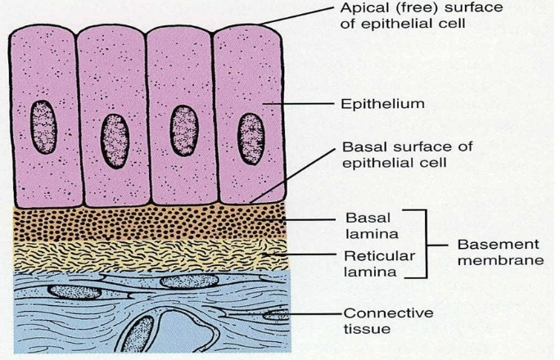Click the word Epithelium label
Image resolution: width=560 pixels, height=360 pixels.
coord(382,104)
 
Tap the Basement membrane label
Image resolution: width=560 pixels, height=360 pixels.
coord(500,252)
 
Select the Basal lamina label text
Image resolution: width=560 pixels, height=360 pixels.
coord(372,226)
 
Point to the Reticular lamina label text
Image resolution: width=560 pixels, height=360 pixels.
coord(379,263)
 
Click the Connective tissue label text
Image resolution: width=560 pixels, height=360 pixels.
coord(388,321)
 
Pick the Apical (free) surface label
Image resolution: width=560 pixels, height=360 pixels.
coord(422,16)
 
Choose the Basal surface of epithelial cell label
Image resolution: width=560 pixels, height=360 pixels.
coord(407,155)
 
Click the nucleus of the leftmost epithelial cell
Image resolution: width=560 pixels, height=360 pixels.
coord(43,127)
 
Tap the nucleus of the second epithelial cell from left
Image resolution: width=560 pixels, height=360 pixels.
coord(115,141)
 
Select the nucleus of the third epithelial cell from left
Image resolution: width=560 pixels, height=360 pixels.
coord(184,130)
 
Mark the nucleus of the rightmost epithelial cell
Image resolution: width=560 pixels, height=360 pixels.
coord(251,139)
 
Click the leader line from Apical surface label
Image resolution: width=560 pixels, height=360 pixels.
coord(296,16)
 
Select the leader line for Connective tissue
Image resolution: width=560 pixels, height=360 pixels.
coord(284,314)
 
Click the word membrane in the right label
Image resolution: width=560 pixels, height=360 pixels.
coord(500,259)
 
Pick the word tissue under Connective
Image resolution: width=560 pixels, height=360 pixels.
coord(367,329)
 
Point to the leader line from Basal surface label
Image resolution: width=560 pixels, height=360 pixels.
coord(293,176)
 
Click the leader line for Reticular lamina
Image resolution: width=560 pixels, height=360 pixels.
coord(300,254)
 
